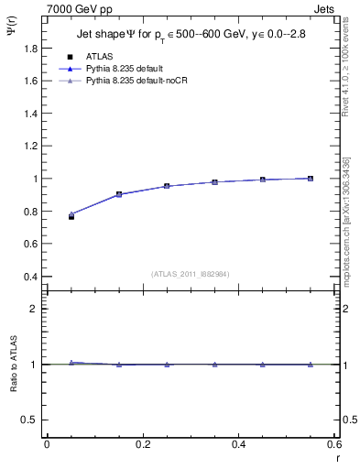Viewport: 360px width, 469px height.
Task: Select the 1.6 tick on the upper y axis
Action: coord(29,81)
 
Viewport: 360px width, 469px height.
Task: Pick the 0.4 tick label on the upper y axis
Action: coord(29,277)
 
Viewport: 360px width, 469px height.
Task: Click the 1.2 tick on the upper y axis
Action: coord(29,147)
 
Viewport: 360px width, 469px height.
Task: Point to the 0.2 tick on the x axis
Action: coord(142,444)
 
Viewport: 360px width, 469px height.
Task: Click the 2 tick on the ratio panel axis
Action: coord(34,309)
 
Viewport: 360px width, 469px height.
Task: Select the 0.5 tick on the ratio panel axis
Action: coord(29,420)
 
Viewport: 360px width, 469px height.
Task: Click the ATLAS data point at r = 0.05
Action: coord(71,217)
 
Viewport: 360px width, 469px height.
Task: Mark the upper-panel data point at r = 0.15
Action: coord(119,194)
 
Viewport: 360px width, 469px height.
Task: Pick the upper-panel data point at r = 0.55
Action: coord(311,179)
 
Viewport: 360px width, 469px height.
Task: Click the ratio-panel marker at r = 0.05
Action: coord(71,363)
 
